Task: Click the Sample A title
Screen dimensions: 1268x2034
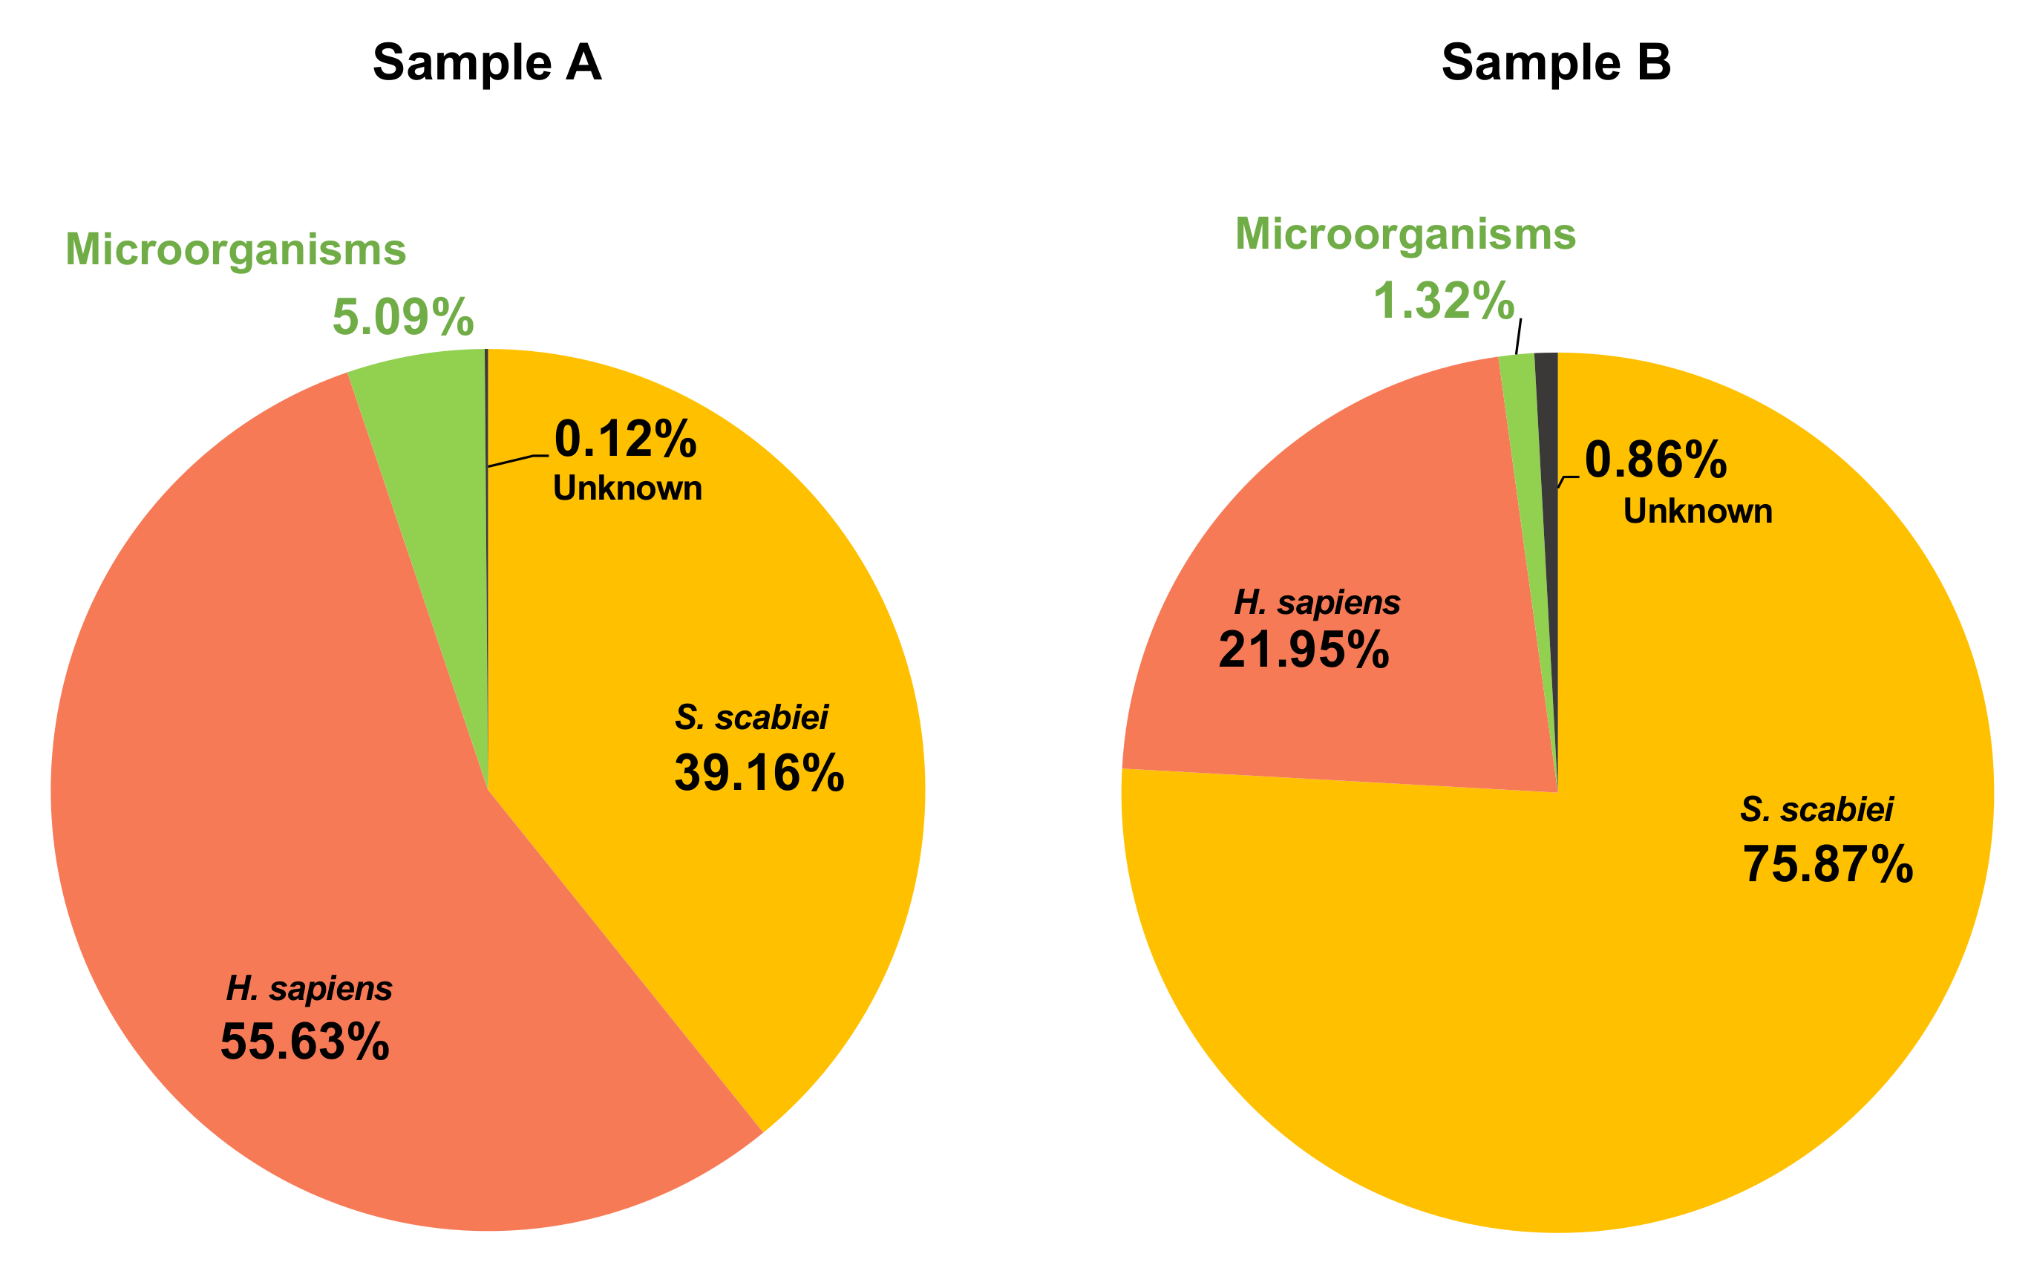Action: [487, 63]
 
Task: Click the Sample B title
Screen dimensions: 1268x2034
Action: [1555, 63]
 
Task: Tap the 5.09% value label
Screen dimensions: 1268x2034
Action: [403, 318]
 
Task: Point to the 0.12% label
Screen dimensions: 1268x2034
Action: [626, 439]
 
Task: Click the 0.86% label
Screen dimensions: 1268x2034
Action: [1656, 460]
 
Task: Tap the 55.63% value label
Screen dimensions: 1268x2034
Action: [304, 1042]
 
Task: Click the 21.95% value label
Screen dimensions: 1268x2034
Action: [1304, 650]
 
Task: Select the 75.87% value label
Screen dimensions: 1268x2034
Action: [1828, 865]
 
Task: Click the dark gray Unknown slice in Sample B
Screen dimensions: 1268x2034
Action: [1549, 436]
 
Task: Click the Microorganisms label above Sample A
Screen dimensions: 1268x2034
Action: [235, 250]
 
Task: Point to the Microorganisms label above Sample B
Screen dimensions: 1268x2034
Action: [1405, 234]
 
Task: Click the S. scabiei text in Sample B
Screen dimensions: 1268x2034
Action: [1816, 810]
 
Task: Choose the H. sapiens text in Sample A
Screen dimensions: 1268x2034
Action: [309, 989]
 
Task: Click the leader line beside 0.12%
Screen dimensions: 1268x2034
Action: [516, 460]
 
